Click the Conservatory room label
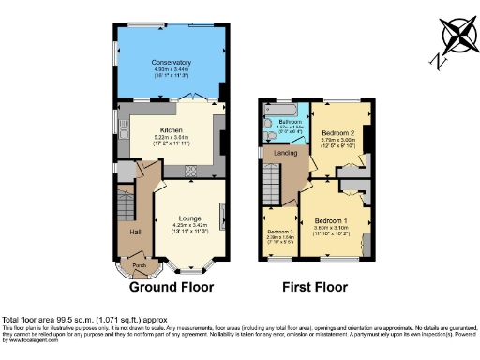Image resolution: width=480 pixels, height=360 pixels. (172, 62)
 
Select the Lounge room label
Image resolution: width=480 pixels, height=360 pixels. (187, 217)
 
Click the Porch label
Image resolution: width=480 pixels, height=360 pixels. (138, 265)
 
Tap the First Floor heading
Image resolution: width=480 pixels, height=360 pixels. (315, 287)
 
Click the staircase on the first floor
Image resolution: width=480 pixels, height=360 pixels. (272, 178)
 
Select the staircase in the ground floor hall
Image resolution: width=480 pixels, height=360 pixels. (124, 204)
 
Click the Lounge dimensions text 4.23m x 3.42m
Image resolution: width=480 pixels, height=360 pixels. (187, 224)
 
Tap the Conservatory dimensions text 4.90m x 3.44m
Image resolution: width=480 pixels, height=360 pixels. (172, 69)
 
